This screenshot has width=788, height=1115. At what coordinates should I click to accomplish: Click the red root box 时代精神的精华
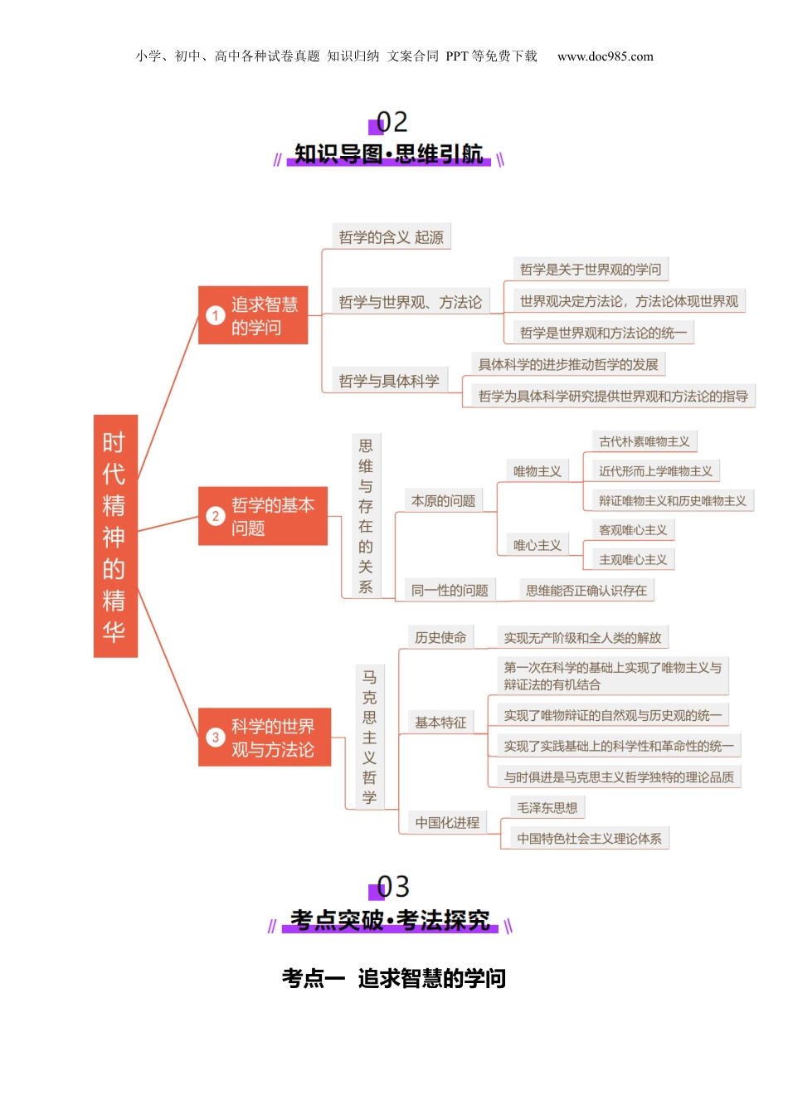(115, 536)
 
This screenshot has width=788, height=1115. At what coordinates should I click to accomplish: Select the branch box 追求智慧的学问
(253, 315)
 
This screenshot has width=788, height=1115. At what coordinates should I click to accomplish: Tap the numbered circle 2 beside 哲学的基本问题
(216, 516)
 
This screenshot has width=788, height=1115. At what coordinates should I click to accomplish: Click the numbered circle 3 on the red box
(216, 738)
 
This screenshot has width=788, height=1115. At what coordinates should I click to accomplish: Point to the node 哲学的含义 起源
(391, 237)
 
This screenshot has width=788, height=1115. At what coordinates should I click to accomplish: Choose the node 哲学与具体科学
(389, 381)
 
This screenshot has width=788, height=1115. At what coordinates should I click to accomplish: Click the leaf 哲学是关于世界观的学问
(591, 270)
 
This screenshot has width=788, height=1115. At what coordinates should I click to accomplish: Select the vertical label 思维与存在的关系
(366, 516)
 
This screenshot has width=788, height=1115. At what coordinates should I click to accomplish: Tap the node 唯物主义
(537, 471)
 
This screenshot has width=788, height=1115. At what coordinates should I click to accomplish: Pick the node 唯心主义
(537, 545)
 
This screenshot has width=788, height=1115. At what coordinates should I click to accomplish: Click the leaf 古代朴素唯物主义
(645, 441)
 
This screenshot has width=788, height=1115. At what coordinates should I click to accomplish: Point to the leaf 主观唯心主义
(633, 560)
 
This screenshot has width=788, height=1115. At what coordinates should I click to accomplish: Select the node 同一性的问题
(450, 591)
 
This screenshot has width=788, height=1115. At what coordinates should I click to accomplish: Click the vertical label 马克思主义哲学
(369, 738)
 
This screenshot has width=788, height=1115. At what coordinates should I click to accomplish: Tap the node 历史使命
(440, 637)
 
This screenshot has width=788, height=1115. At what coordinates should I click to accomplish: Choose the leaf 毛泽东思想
(547, 807)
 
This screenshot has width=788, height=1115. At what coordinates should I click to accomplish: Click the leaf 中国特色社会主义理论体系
(590, 839)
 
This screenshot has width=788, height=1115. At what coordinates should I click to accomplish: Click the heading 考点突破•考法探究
(390, 920)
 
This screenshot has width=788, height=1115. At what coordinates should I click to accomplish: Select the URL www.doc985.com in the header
(606, 56)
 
